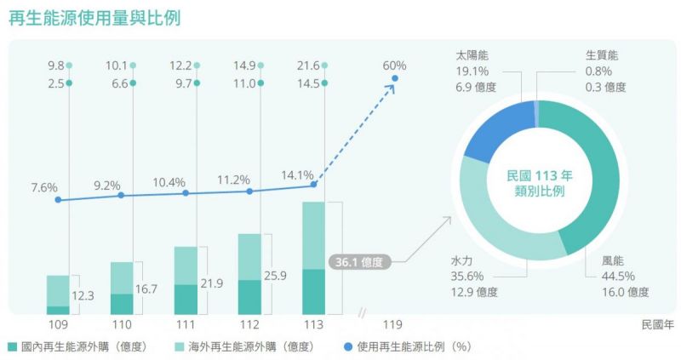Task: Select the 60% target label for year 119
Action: [x=394, y=66]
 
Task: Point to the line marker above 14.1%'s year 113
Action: [x=314, y=185]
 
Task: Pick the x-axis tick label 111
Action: [x=185, y=324]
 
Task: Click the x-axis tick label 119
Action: [x=392, y=324]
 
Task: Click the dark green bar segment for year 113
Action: [x=313, y=292]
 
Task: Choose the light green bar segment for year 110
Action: [x=122, y=277]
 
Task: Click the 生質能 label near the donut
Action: [x=602, y=55]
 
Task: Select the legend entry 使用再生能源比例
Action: [x=412, y=346]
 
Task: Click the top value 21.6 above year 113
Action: [x=307, y=66]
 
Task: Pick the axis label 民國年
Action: [x=657, y=324]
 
